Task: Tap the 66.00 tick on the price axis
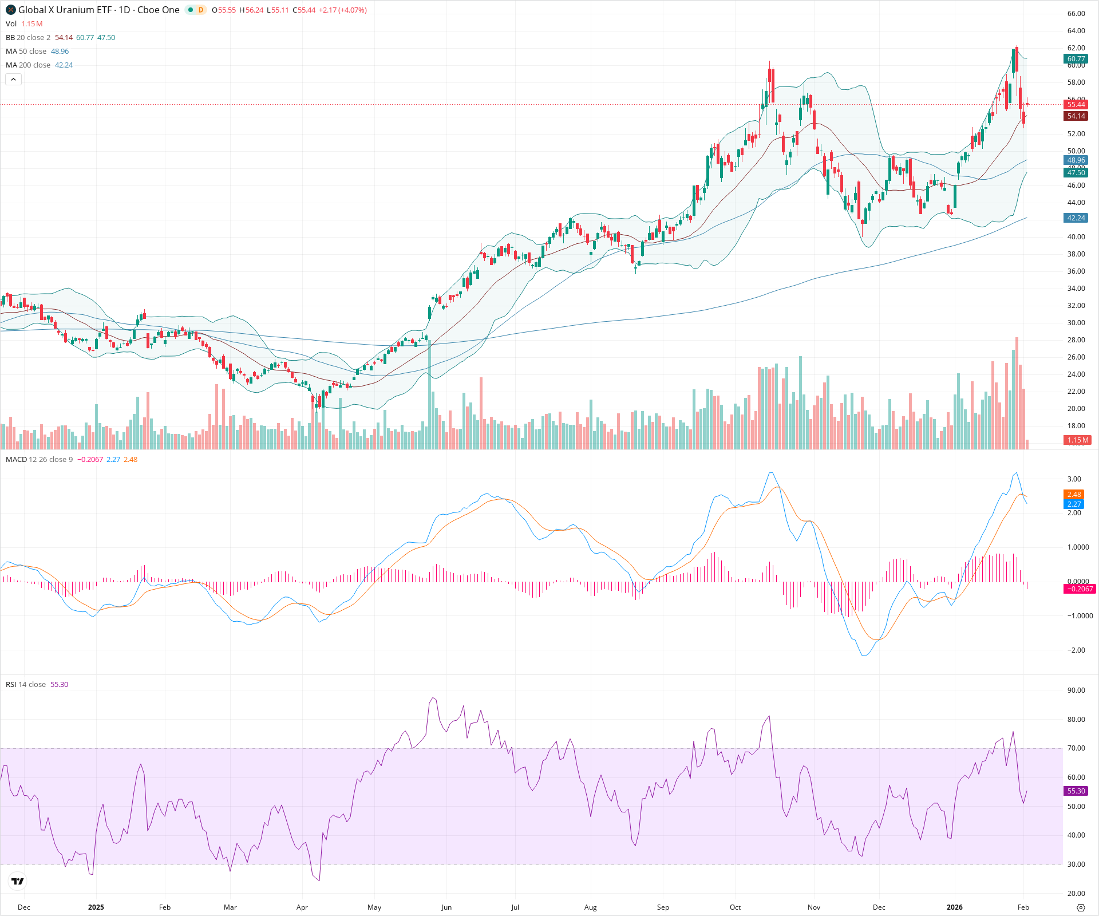1076,14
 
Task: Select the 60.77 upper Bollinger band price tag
1076,59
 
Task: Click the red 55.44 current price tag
1076,105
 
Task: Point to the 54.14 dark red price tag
1076,116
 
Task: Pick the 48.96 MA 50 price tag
1076,160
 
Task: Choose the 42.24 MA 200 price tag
1076,218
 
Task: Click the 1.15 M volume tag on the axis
1077,440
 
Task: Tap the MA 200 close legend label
28,65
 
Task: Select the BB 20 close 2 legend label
28,38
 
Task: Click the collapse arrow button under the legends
14,80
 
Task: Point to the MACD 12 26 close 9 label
39,460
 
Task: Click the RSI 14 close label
26,685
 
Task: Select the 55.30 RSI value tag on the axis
1076,791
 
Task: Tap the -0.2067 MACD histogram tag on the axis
1079,589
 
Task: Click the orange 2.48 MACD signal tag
1074,495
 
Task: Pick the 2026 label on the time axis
954,907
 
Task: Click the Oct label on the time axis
735,907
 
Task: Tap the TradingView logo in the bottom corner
18,881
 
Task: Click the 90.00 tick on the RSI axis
1076,690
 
